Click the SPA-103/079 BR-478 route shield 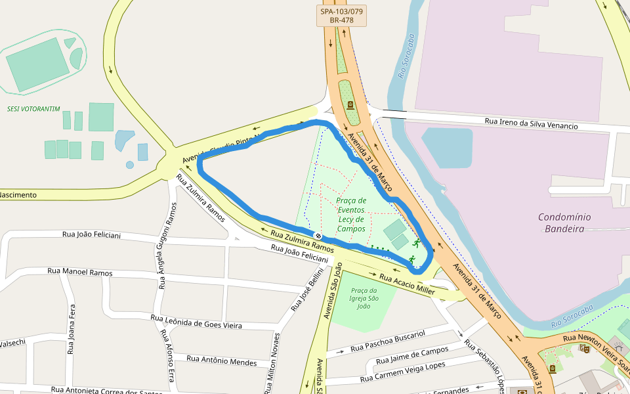[341, 16]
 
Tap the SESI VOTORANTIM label [33, 109]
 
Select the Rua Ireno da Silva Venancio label [531, 123]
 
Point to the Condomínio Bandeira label [564, 223]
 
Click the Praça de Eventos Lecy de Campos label [351, 215]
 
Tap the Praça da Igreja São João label [364, 298]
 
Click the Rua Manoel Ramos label [80, 272]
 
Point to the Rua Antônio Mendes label [221, 361]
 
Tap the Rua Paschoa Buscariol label [388, 341]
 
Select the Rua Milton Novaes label [272, 363]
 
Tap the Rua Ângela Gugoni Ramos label [167, 246]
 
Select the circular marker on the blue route [318, 236]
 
